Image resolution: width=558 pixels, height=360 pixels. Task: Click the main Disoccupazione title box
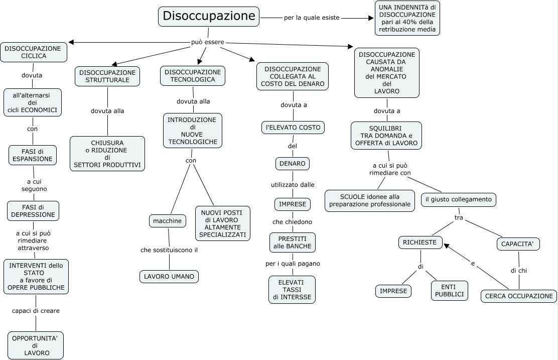click(209, 17)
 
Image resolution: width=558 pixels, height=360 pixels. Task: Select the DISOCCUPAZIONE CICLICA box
click(34, 52)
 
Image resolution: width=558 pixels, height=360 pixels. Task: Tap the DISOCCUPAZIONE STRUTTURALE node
click(107, 76)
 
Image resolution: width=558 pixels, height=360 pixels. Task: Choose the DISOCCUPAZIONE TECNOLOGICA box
click(193, 76)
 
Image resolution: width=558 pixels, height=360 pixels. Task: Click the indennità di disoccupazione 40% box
click(407, 19)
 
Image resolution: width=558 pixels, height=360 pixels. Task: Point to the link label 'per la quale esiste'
click(312, 18)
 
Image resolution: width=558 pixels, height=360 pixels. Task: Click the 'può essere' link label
click(207, 42)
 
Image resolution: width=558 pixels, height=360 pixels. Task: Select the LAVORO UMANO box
click(169, 276)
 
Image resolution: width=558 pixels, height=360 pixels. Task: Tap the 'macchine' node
click(168, 221)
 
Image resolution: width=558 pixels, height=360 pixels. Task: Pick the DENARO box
click(293, 164)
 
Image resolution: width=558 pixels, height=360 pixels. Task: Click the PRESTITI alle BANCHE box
click(292, 242)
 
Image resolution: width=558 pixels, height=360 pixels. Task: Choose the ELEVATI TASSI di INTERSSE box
click(292, 290)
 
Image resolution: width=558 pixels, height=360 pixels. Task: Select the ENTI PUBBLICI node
click(449, 290)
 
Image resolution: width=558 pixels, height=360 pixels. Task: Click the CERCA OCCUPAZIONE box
click(519, 296)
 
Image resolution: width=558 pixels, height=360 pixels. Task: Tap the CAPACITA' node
click(518, 245)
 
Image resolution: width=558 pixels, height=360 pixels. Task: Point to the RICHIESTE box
click(421, 243)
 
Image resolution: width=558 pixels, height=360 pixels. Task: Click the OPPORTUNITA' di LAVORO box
click(35, 345)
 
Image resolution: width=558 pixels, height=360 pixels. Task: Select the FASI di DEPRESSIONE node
click(33, 211)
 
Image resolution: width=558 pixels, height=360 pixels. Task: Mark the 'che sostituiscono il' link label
click(169, 250)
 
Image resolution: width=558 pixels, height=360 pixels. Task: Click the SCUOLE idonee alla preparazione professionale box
click(370, 200)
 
